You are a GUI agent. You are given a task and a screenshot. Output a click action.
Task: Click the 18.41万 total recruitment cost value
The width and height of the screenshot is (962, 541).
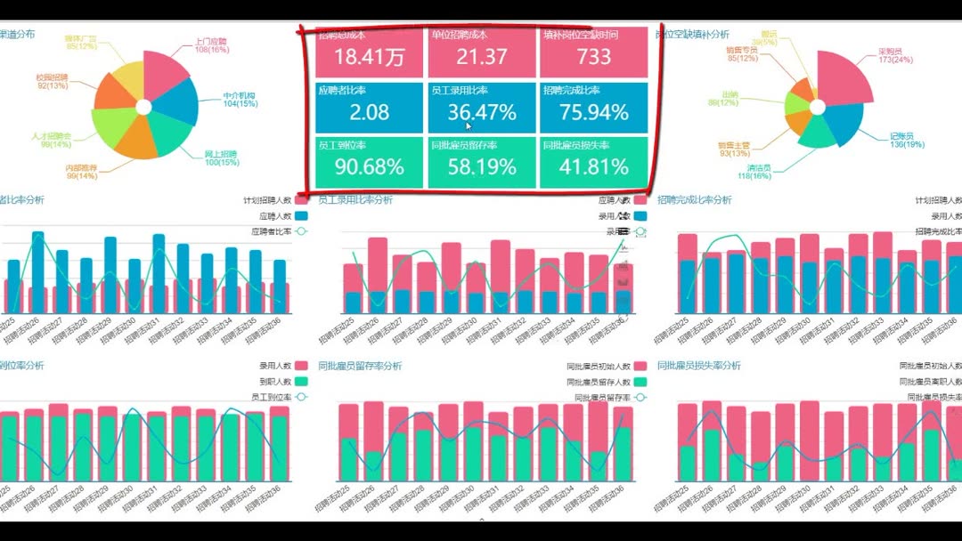tap(370, 58)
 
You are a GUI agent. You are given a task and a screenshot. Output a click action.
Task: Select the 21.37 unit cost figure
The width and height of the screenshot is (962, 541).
tap(482, 58)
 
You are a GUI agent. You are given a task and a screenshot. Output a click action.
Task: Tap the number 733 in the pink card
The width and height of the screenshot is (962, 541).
tap(593, 58)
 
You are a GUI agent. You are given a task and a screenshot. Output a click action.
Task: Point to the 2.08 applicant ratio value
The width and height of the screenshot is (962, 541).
tap(370, 113)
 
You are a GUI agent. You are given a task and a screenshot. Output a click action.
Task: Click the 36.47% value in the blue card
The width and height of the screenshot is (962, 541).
tap(482, 113)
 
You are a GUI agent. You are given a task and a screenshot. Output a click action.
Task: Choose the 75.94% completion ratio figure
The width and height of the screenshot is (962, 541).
tap(594, 113)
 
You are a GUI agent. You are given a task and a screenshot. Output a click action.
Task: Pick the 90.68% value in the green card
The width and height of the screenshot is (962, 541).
tap(370, 167)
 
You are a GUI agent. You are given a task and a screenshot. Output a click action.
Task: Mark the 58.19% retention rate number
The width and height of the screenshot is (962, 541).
tap(482, 167)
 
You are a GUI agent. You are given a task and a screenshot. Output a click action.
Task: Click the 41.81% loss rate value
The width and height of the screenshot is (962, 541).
tap(594, 167)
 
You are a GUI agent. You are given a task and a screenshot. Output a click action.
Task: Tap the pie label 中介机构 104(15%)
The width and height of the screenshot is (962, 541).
tap(240, 100)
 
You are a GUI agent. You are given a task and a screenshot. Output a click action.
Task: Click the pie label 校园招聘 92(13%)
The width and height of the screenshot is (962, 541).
tap(53, 82)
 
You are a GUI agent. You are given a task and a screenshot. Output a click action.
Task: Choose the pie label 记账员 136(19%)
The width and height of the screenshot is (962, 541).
tap(907, 140)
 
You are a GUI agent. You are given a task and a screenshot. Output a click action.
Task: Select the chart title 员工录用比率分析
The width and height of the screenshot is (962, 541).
tap(355, 200)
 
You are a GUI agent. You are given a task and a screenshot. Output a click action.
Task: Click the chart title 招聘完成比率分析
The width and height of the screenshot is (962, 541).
tap(694, 200)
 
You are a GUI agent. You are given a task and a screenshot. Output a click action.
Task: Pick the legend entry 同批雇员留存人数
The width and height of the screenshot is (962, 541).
tap(598, 383)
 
